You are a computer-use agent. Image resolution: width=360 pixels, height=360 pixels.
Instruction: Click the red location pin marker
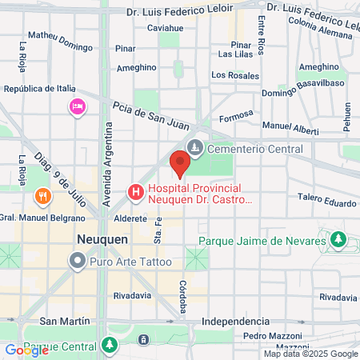(179, 164)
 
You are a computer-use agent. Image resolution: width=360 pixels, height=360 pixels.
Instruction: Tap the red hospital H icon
(136, 192)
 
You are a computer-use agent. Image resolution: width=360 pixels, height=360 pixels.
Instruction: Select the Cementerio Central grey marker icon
(195, 148)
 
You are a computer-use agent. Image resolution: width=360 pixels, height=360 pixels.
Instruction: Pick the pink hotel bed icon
(78, 106)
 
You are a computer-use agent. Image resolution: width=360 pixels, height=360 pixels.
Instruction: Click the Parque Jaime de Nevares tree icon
(338, 239)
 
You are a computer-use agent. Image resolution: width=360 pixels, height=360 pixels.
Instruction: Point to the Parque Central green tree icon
(110, 346)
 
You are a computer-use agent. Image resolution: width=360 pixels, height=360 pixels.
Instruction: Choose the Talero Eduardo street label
(327, 202)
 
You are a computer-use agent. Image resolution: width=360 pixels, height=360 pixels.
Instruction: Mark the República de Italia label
(39, 90)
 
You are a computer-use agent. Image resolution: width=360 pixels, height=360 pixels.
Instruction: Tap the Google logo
(26, 350)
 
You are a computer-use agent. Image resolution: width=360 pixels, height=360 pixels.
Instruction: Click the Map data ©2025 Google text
(311, 354)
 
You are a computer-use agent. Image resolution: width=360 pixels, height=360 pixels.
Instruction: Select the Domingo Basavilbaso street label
(303, 82)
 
